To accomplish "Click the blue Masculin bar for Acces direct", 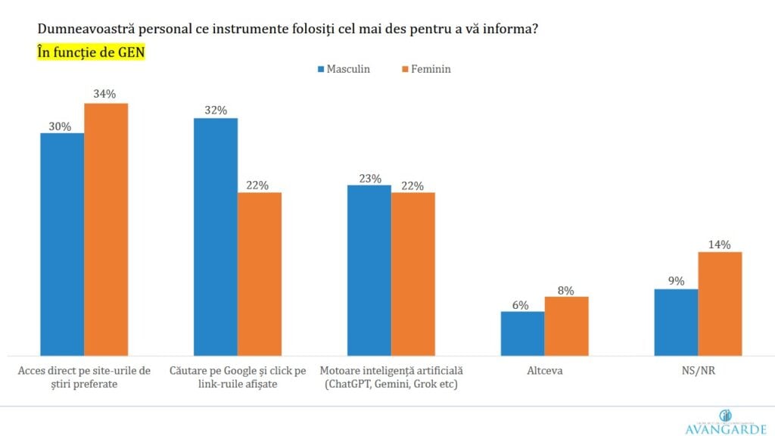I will pyautogui.click(x=62, y=244).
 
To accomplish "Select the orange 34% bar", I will pyautogui.click(x=106, y=229).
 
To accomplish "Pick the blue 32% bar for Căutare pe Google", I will pyautogui.click(x=216, y=236).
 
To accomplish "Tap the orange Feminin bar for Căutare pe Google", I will pyautogui.click(x=260, y=273).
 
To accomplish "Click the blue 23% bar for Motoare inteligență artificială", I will pyautogui.click(x=369, y=269).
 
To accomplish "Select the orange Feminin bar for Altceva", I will pyautogui.click(x=566, y=325).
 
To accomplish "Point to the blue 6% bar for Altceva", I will pyautogui.click(x=522, y=333).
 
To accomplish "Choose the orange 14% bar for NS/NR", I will pyautogui.click(x=720, y=303).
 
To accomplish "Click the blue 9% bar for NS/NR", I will pyautogui.click(x=676, y=322).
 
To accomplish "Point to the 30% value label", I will pyautogui.click(x=62, y=126).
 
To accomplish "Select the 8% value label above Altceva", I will pyautogui.click(x=566, y=289).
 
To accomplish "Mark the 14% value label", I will pyautogui.click(x=720, y=244).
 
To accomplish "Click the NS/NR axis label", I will pyautogui.click(x=698, y=372).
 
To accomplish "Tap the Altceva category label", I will pyautogui.click(x=544, y=372).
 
